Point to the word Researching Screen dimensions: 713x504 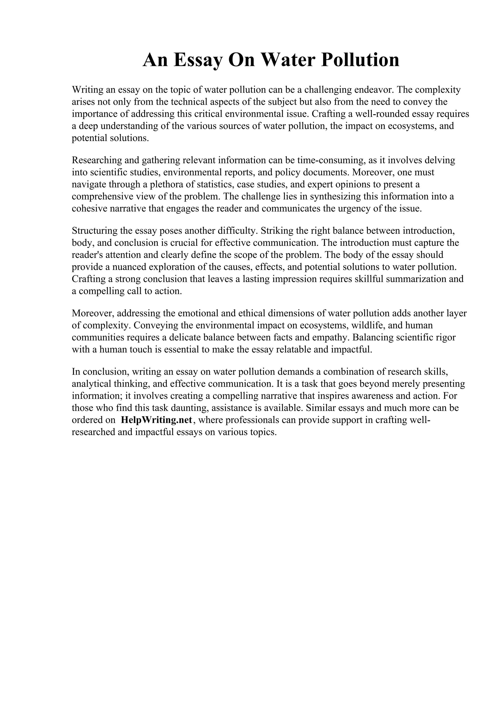[96, 161]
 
